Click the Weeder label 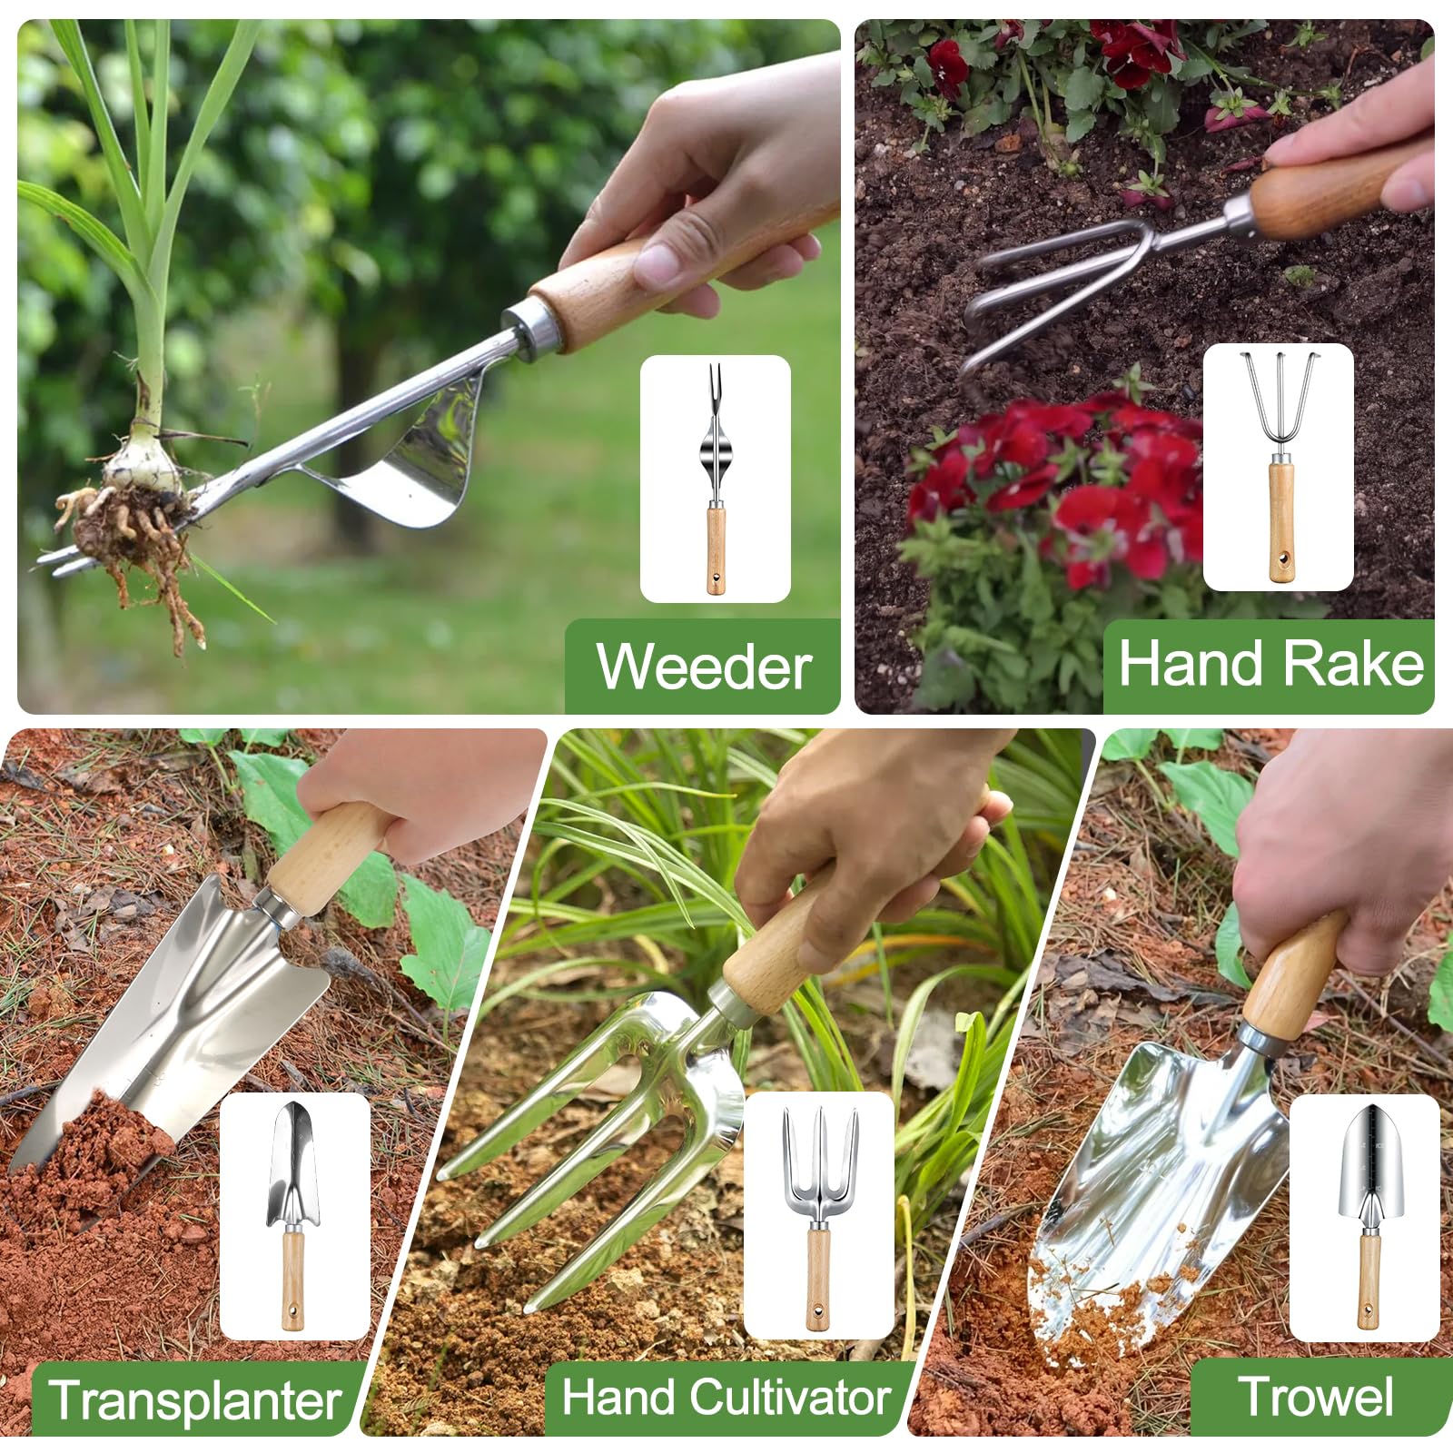[x=704, y=667]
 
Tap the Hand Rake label [x=1270, y=663]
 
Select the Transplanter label [x=195, y=1399]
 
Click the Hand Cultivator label [x=726, y=1397]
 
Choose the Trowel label [x=1316, y=1396]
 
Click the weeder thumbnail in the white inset [x=716, y=479]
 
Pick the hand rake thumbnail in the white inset [x=1280, y=467]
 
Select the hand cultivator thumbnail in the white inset [x=819, y=1217]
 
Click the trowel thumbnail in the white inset [x=1368, y=1217]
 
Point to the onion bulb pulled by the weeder [x=143, y=460]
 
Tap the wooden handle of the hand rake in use [x=1326, y=194]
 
